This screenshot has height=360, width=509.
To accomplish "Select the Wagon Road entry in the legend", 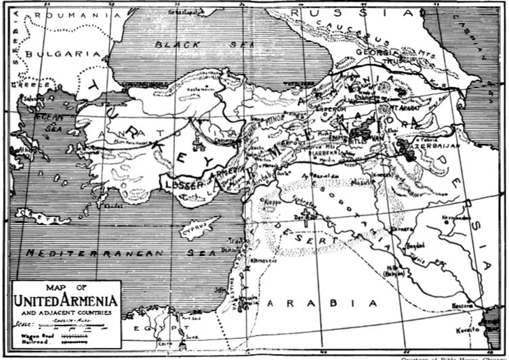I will click(41, 334).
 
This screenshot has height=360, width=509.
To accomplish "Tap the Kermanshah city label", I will click(455, 218).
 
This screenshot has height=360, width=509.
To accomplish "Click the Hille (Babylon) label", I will click(395, 270).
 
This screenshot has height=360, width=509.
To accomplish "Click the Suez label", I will click(192, 334).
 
